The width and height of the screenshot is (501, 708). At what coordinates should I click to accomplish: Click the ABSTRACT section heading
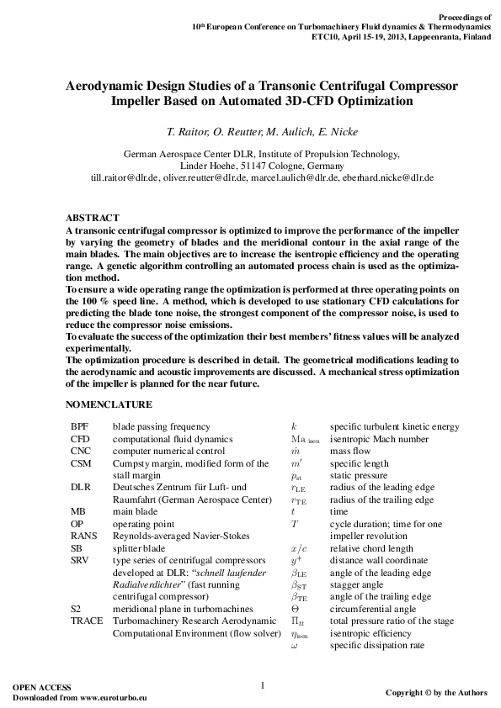coord(92,218)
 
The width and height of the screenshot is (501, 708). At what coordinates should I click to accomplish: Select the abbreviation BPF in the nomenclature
coord(79,427)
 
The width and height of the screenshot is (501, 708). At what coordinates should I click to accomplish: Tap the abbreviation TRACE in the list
coord(86,621)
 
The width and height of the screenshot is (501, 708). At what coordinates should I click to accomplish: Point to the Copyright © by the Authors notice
coord(435,693)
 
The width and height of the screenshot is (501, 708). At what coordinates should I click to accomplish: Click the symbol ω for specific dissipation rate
coord(295,646)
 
